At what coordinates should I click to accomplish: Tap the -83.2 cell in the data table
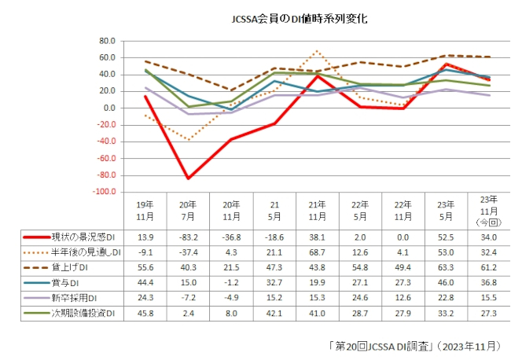[x=188, y=237]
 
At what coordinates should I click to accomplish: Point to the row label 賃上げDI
[x=63, y=267]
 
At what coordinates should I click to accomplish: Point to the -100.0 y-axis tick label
[x=104, y=192]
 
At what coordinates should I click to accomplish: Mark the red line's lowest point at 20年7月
[x=188, y=178]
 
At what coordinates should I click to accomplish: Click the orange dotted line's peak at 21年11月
[x=316, y=51]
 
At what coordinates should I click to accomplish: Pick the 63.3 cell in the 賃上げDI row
[x=445, y=267]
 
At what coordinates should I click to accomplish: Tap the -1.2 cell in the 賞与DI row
[x=230, y=283]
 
